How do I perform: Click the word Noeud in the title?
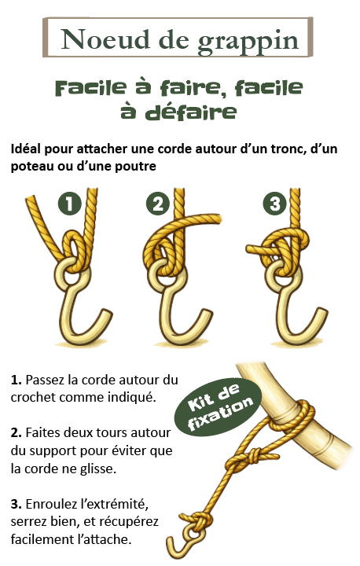click(105, 39)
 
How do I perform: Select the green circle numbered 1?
click(70, 204)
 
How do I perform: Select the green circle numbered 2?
click(158, 204)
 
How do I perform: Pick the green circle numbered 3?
click(274, 204)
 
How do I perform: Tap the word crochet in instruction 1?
click(33, 398)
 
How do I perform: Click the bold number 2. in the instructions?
click(17, 432)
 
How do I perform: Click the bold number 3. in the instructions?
click(17, 504)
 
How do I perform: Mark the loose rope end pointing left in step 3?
click(257, 248)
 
